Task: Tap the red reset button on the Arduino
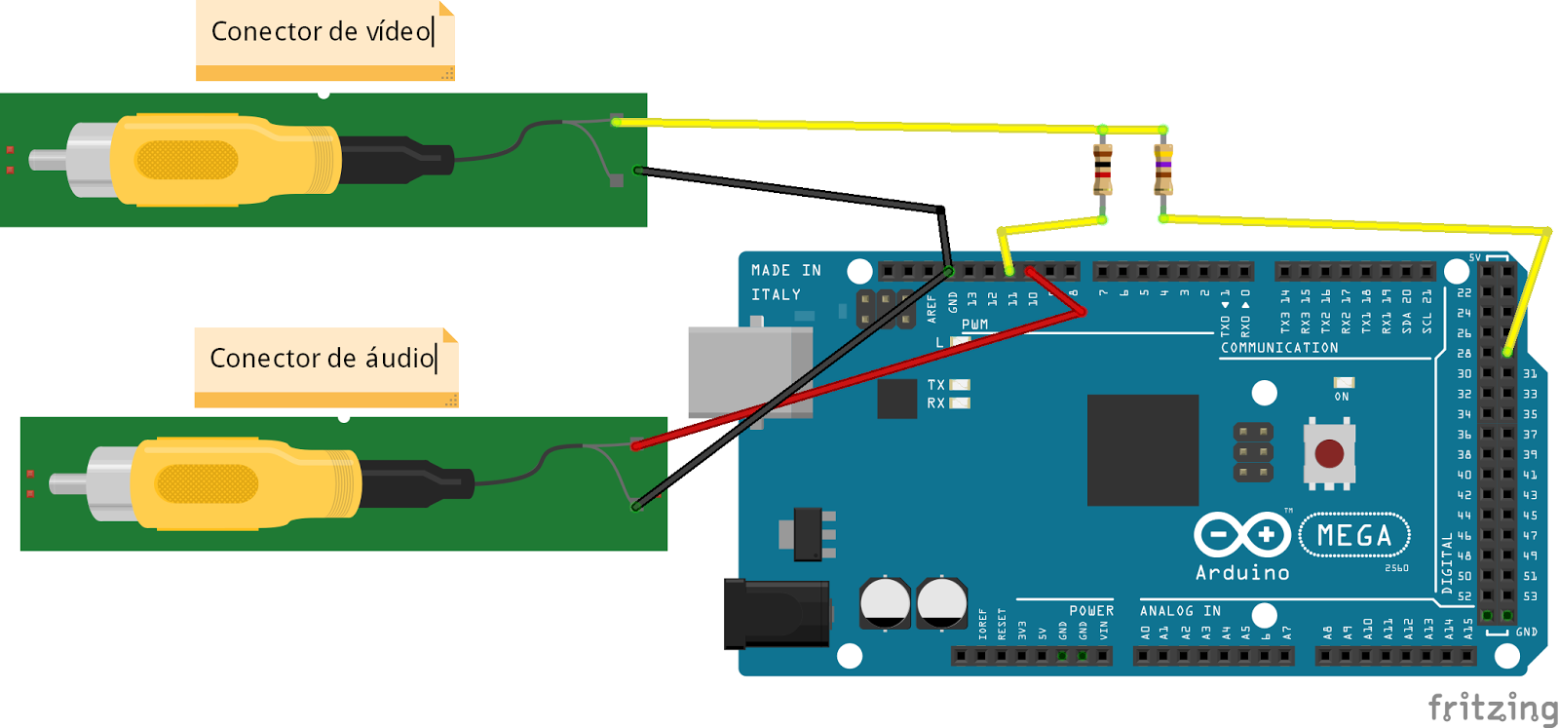tap(1329, 453)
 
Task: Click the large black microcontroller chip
tap(1142, 449)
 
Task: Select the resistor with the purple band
tap(1162, 170)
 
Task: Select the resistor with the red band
tap(1102, 170)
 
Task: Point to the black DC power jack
tap(775, 614)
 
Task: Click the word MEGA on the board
tap(1354, 535)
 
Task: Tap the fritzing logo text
tap(1492, 707)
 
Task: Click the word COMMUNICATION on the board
tap(1279, 348)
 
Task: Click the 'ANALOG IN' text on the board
tap(1180, 611)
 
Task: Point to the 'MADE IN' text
tap(785, 271)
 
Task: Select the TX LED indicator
tap(960, 385)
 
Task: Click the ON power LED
tap(1343, 383)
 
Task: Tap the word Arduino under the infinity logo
tap(1242, 573)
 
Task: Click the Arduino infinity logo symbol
tap(1242, 534)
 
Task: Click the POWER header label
tap(1090, 611)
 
